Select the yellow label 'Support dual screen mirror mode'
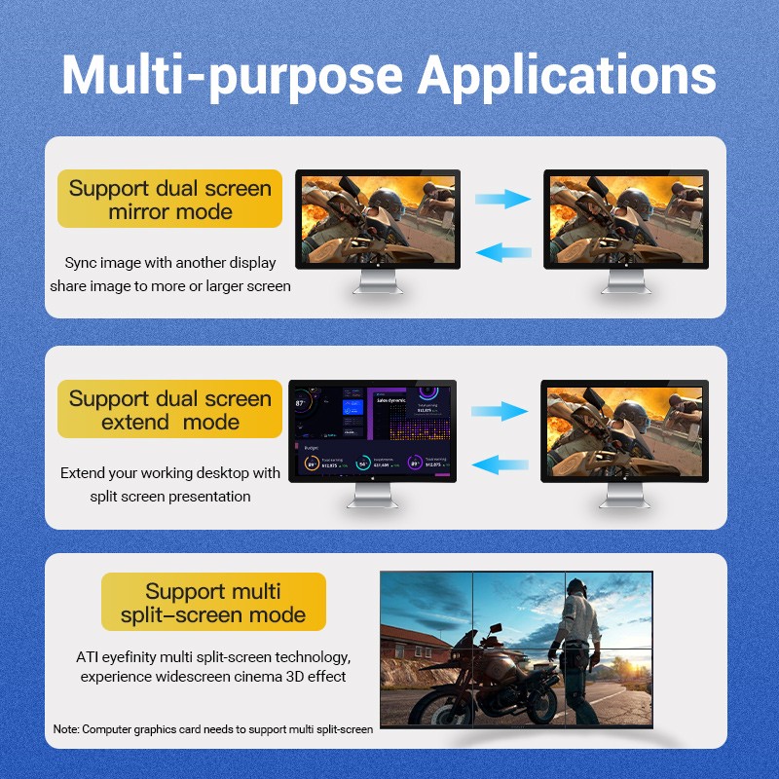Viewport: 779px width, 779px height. coord(170,200)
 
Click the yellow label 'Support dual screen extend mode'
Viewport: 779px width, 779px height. coord(170,410)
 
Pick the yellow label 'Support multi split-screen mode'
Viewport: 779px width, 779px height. coord(213,603)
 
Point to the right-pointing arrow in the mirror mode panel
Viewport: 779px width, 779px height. coord(502,200)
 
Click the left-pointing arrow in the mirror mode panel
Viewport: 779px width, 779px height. coord(502,252)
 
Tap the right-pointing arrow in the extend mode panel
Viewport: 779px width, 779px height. coord(500,412)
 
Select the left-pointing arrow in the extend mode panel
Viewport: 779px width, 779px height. coord(500,464)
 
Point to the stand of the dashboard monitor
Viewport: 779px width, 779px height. coord(372,498)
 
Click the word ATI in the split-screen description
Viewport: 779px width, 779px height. coord(88,657)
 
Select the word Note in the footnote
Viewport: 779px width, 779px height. coord(65,728)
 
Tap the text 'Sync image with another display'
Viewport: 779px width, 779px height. coord(170,263)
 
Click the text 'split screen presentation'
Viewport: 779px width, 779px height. coord(170,497)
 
